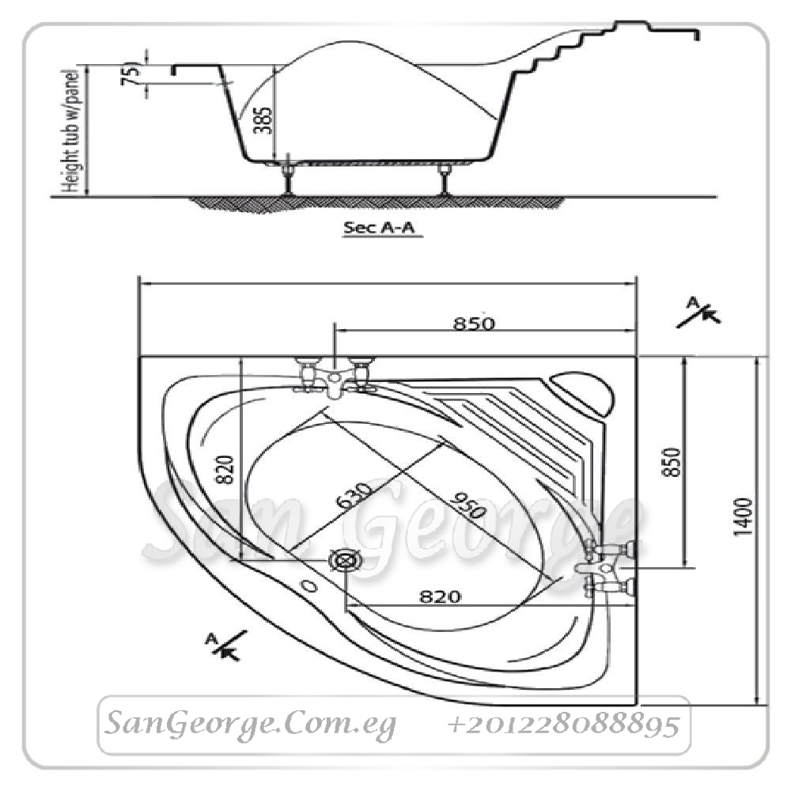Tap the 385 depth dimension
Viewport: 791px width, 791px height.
coord(263,120)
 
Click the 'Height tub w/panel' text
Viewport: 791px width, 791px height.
coord(70,131)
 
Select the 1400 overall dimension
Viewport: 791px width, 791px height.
coord(744,517)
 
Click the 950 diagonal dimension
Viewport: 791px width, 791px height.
coord(467,505)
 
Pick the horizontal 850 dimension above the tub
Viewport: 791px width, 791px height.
coord(474,324)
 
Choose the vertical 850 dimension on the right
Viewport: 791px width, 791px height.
coord(672,462)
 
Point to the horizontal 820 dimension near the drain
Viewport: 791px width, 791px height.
coord(440,596)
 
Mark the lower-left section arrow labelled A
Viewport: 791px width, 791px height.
coord(226,645)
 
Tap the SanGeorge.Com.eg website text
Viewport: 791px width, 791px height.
coord(250,725)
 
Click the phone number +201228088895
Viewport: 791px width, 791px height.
coord(563,725)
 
